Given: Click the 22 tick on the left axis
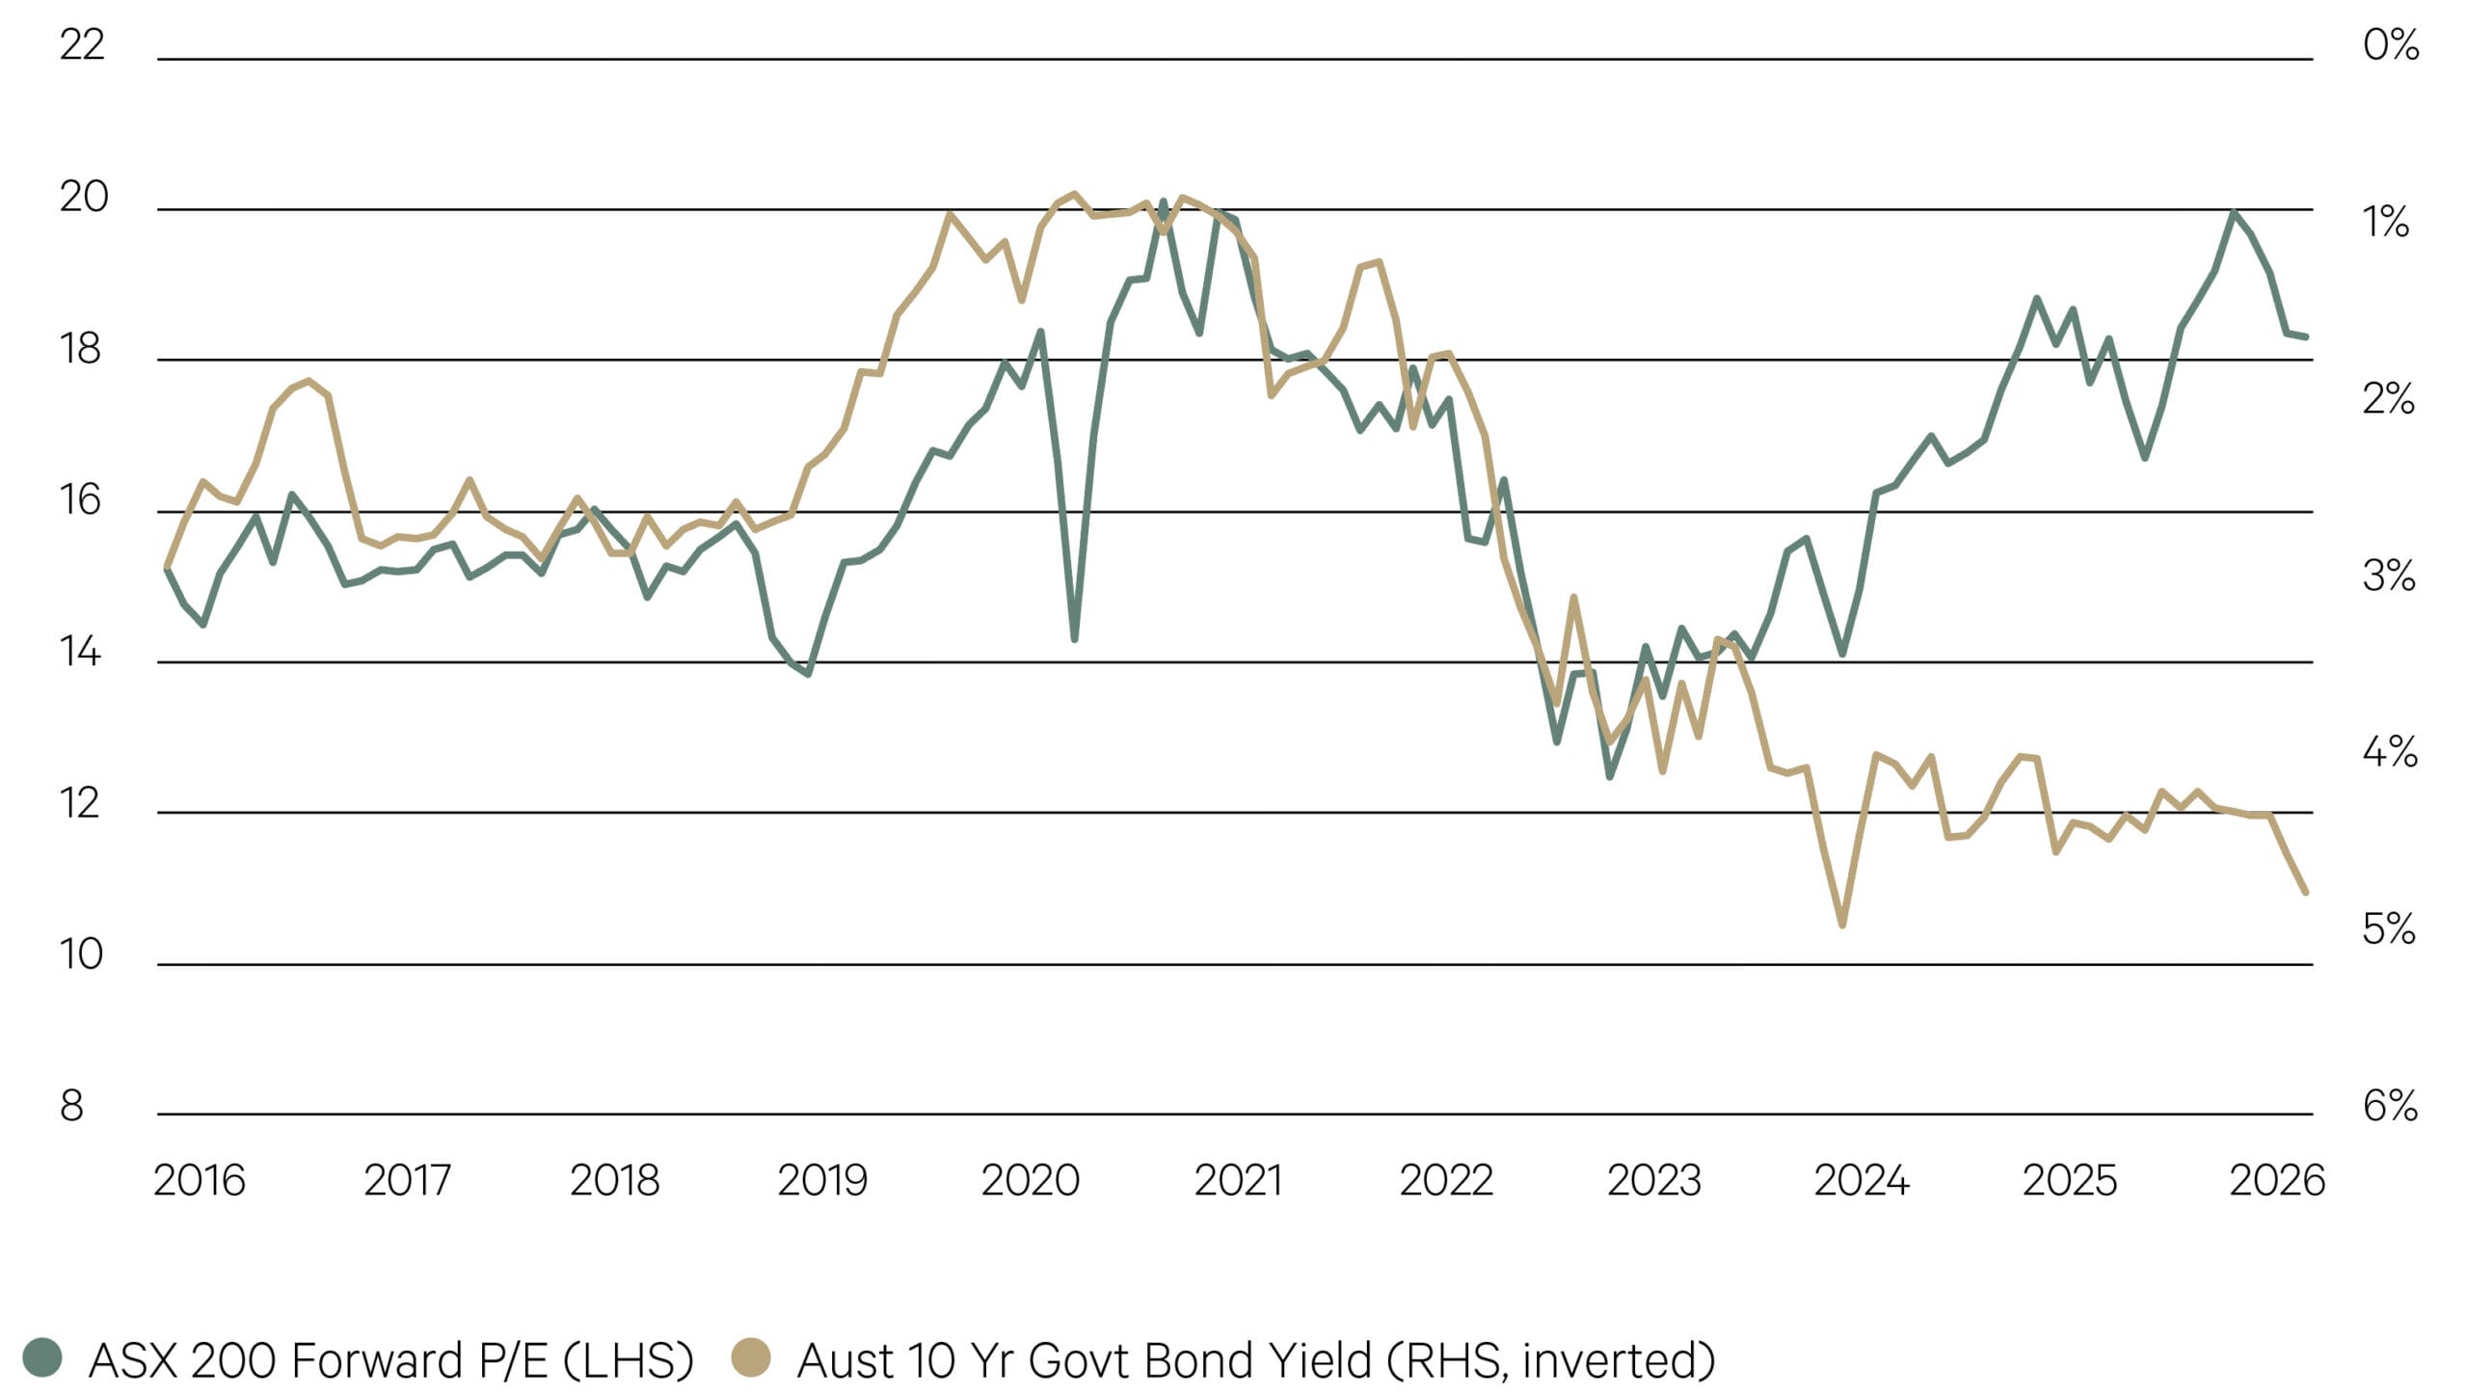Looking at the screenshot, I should point(82,44).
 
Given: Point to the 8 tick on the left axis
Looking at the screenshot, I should point(71,1105).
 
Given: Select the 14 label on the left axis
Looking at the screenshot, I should point(80,652).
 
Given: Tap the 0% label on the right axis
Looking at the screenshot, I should point(2390,44).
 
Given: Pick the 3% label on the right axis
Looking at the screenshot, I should point(2388,576).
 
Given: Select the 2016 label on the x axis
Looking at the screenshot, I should point(200,1180).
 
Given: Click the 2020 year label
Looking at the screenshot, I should point(1030,1180).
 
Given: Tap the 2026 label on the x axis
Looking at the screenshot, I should point(2277,1180).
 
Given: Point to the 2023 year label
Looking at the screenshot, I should point(1654,1180).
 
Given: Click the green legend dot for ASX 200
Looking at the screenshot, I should point(42,1357).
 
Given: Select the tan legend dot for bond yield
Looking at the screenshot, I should point(751,1357).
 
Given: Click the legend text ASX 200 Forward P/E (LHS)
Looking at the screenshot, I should point(390,1360).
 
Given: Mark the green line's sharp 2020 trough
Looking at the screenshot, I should point(1074,638).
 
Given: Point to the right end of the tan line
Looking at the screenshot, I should point(2305,892).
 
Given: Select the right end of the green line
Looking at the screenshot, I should point(2305,336).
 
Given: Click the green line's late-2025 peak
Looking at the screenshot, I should point(2234,212).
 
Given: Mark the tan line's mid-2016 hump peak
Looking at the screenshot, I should point(308,381).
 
